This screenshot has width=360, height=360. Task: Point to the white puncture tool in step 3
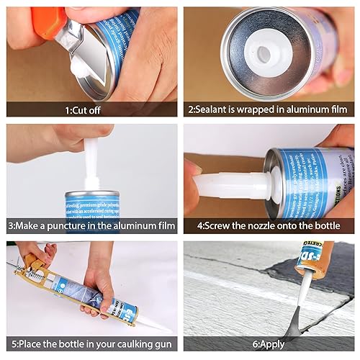click(x=91, y=162)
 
